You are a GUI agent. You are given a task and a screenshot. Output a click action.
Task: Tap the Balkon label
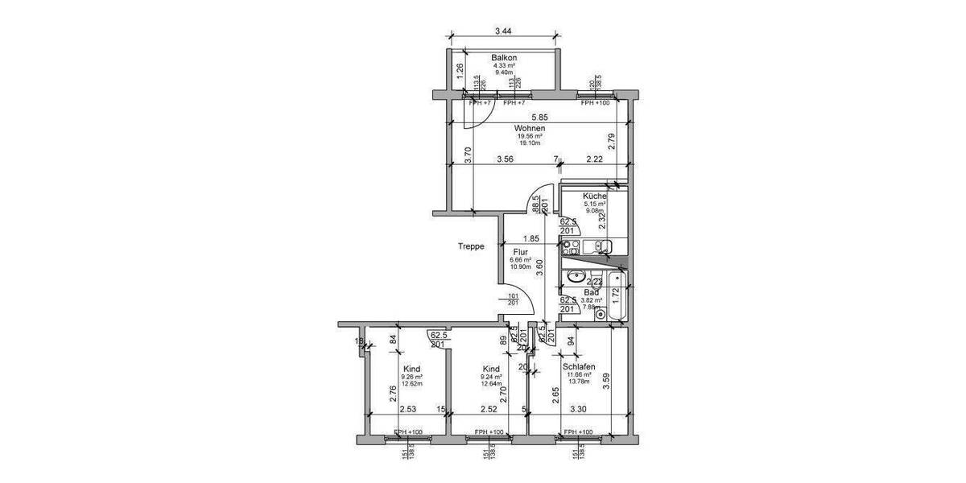point(504,58)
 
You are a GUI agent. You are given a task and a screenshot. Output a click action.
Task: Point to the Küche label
point(594,196)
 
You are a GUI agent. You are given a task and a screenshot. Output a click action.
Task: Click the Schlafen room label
point(579,366)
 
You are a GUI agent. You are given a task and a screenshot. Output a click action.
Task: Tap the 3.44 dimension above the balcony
point(503,31)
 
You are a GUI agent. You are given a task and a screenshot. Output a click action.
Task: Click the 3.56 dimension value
point(506,159)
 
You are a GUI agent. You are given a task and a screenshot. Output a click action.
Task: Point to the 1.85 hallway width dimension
point(530,238)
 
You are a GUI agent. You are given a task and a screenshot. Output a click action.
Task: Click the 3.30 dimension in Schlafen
point(578,409)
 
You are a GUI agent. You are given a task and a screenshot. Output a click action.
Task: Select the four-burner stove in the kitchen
point(571,247)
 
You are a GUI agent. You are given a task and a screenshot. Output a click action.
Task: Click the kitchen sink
point(600,246)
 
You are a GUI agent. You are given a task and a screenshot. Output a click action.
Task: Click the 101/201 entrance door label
point(513,300)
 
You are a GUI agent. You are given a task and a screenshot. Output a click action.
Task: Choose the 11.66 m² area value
point(579,374)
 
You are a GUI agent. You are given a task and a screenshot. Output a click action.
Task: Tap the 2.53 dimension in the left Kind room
point(407,409)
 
